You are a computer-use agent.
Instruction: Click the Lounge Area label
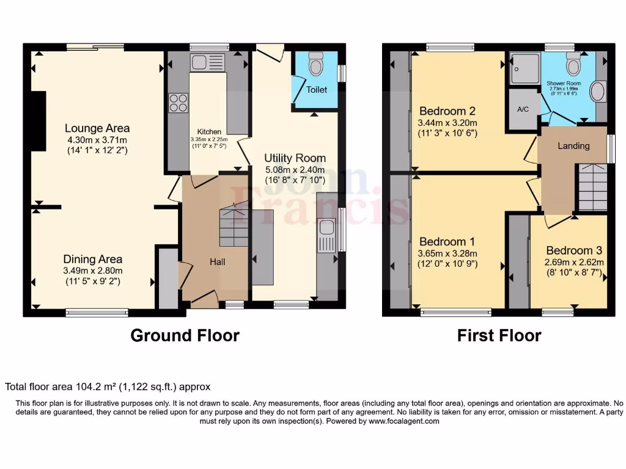[97, 128]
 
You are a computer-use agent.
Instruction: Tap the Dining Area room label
[94, 259]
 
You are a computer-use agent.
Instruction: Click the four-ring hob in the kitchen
[178, 103]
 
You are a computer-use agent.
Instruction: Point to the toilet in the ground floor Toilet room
[315, 63]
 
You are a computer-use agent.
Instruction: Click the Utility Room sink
[326, 228]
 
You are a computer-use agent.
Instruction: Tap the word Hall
[217, 262]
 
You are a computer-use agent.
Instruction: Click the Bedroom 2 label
[447, 111]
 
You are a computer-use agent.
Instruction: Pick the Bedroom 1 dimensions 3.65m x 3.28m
[447, 253]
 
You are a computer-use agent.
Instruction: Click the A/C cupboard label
[523, 110]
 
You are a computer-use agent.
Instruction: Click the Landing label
[573, 146]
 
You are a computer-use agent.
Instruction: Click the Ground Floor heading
[185, 335]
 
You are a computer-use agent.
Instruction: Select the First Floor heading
[499, 335]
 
